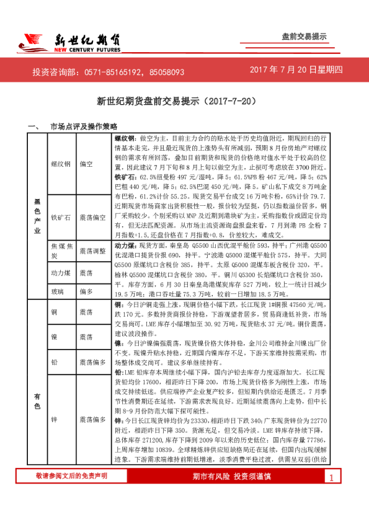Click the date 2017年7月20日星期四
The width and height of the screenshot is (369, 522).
click(296, 70)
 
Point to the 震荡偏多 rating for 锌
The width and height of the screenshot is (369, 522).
click(92, 420)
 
